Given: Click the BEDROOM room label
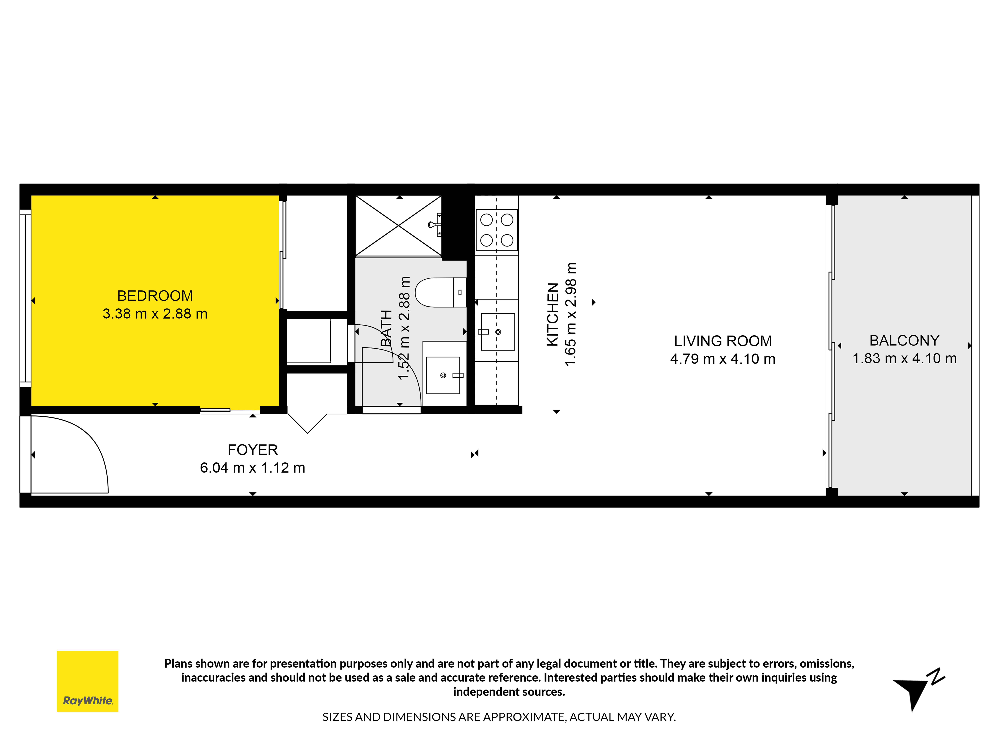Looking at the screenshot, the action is coord(155,296).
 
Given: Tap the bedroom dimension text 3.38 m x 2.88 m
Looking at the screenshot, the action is coord(155,314).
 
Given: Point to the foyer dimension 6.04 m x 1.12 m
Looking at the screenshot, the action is coord(252,468).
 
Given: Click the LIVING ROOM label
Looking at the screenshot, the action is coord(723,341).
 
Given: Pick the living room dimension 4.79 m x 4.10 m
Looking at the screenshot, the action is coord(723,359).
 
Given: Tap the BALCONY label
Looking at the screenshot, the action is coord(904,340).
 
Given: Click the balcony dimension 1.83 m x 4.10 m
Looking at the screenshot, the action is coord(904,359).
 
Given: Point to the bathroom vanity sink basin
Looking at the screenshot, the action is coord(443,375).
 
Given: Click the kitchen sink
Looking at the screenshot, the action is coord(498,332).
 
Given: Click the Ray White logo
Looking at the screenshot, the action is coord(88,681).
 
